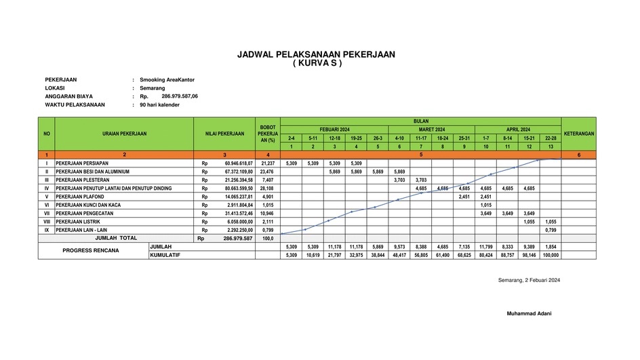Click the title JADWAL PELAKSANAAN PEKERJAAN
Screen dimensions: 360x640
[x=316, y=54]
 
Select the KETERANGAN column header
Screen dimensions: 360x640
[x=578, y=134]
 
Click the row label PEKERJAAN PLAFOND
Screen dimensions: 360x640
[x=81, y=197]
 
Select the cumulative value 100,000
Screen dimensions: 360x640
[x=551, y=255]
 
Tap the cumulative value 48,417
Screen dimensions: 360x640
[x=399, y=255]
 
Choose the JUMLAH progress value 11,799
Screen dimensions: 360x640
[x=485, y=247]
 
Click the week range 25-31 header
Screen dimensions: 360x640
[x=464, y=138]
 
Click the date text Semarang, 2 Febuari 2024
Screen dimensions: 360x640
[x=529, y=280]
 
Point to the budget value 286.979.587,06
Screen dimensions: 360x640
[x=180, y=96]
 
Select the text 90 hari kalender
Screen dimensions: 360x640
[x=160, y=105]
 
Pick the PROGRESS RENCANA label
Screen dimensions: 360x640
[x=91, y=251]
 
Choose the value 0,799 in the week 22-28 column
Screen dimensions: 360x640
[x=551, y=230]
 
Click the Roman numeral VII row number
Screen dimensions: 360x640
[x=46, y=214]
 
